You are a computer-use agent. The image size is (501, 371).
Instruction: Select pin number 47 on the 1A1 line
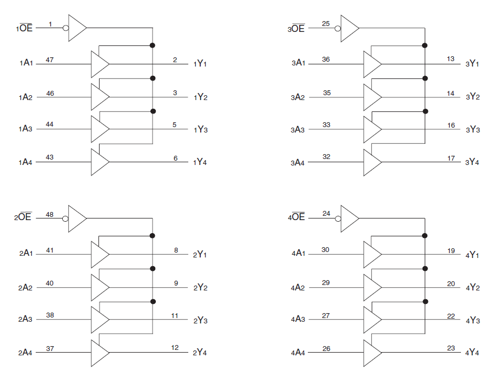click(50, 59)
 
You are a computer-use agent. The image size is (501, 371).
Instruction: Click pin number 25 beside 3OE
click(326, 24)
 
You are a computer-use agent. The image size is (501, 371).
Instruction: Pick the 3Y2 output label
click(472, 97)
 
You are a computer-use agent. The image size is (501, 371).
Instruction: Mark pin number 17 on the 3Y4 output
click(451, 158)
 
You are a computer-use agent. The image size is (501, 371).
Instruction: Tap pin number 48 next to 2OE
click(50, 215)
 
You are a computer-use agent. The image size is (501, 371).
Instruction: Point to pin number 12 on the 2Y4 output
click(175, 348)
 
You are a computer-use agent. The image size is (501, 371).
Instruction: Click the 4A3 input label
click(298, 320)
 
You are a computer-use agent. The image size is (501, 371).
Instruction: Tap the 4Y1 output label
click(472, 255)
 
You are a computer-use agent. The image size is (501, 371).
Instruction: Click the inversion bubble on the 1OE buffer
click(66, 28)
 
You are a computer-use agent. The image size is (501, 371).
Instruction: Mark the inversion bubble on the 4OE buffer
click(338, 218)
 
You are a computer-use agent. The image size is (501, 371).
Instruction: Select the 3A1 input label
click(298, 63)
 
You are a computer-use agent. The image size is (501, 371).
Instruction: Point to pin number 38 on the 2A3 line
click(50, 315)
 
